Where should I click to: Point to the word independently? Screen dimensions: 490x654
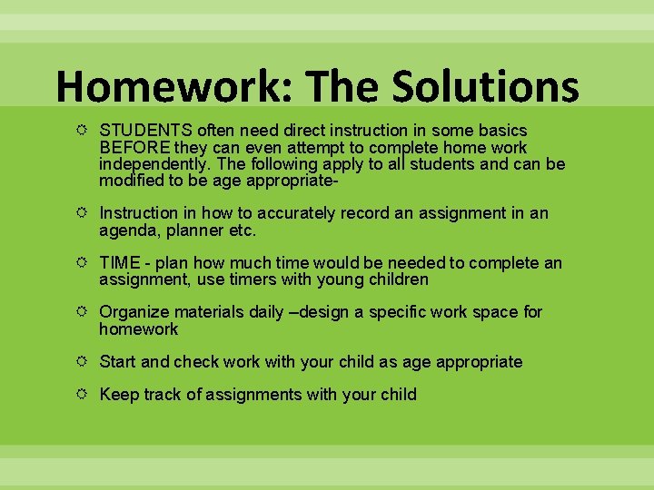coord(151,164)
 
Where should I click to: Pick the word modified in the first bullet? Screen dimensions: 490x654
coord(129,181)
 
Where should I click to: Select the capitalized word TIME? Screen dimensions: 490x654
coord(119,263)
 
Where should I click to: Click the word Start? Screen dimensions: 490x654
coord(117,362)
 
